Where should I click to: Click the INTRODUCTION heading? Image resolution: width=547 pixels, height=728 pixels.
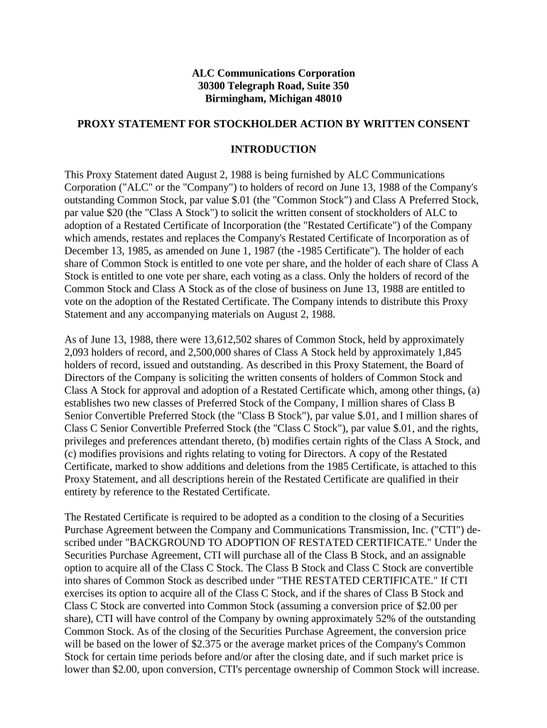coord(273,149)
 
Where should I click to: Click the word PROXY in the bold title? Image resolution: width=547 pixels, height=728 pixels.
coord(97,124)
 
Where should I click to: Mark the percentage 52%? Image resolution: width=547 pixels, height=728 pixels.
coord(379,619)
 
